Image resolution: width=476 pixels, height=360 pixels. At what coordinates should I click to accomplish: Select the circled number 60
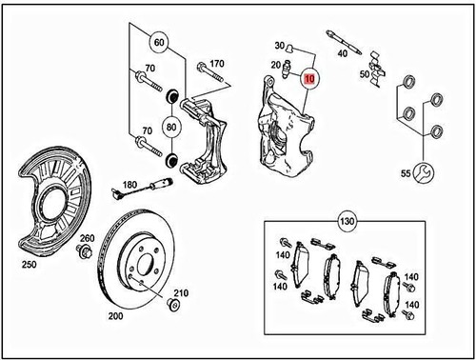(x=158, y=43)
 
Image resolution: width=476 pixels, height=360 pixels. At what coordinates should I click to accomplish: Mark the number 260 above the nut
(x=86, y=238)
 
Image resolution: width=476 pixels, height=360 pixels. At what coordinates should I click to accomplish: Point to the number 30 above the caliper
(x=280, y=46)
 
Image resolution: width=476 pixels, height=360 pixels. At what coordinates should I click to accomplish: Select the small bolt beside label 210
(x=172, y=304)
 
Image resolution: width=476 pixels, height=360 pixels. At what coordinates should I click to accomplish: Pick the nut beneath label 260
(x=84, y=252)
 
